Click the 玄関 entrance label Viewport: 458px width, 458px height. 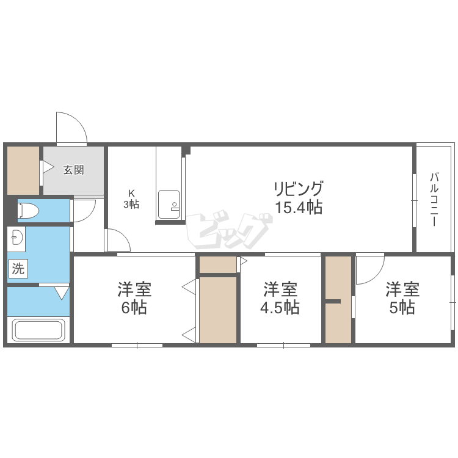[x=74, y=170]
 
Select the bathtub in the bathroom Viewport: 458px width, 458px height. [x=38, y=330]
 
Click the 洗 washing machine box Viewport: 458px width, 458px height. [x=18, y=269]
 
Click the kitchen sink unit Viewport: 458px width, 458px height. [x=169, y=205]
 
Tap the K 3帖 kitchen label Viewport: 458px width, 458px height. [x=131, y=199]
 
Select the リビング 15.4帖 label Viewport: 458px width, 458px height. [x=299, y=197]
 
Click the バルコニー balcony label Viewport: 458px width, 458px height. [x=434, y=200]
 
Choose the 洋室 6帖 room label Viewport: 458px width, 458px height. [x=134, y=298]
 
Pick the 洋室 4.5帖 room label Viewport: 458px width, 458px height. [x=280, y=298]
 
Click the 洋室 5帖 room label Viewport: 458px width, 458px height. [x=402, y=298]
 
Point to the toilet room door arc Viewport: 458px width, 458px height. [x=89, y=216]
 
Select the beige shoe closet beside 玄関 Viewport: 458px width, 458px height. [x=23, y=170]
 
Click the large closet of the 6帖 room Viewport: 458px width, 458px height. [x=218, y=310]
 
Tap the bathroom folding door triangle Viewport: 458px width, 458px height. [x=62, y=293]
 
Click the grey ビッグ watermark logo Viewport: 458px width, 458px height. [x=229, y=229]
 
